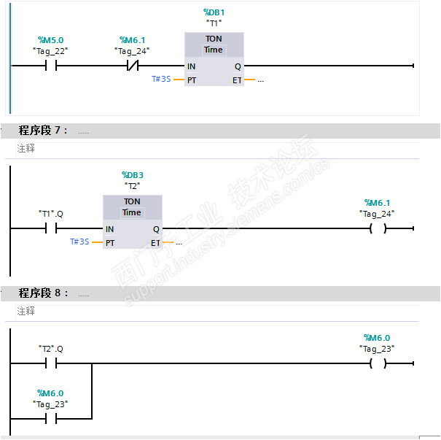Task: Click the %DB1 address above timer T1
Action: pyautogui.click(x=214, y=13)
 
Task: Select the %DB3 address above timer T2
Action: pyautogui.click(x=132, y=175)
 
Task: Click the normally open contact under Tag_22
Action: pyautogui.click(x=51, y=66)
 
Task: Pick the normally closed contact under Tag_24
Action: pyautogui.click(x=133, y=66)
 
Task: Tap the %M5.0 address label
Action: pyautogui.click(x=51, y=39)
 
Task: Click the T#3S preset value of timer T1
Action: pyautogui.click(x=161, y=80)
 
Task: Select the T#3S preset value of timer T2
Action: pyautogui.click(x=79, y=242)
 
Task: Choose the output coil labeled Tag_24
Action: pyautogui.click(x=377, y=229)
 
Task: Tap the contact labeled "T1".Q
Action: pyautogui.click(x=51, y=229)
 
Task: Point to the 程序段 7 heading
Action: pyautogui.click(x=43, y=131)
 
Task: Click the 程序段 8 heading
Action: pyautogui.click(x=43, y=293)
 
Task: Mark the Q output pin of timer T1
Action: pyautogui.click(x=238, y=66)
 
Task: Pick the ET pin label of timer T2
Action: pyautogui.click(x=155, y=242)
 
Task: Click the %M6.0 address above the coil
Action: pyautogui.click(x=377, y=338)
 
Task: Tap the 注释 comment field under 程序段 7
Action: pyautogui.click(x=26, y=149)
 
